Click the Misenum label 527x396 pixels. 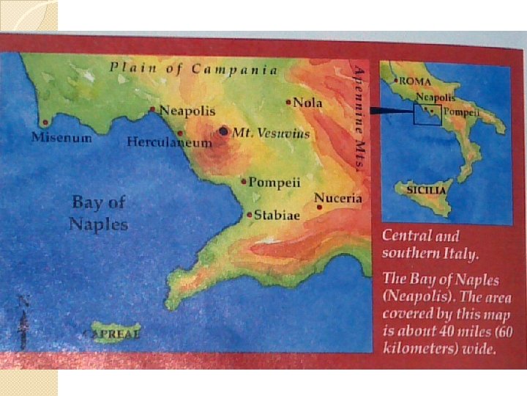tap(61, 137)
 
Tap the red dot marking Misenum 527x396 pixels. tap(45, 122)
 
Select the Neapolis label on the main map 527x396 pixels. tap(187, 111)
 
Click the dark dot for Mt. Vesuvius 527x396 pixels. tap(223, 131)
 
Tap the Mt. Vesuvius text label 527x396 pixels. tap(271, 133)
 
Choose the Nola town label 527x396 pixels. tap(307, 103)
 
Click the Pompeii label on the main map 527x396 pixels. tap(274, 182)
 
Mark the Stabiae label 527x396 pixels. tap(277, 216)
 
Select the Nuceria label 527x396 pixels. tap(338, 198)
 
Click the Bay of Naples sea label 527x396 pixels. tap(98, 213)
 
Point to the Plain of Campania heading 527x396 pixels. tap(194, 70)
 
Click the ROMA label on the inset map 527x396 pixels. tap(414, 81)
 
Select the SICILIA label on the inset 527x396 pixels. tap(425, 189)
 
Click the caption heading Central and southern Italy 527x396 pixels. tap(431, 245)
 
